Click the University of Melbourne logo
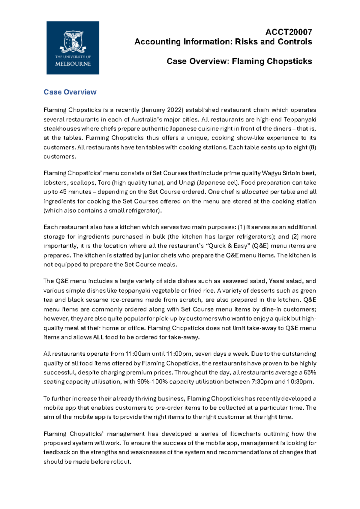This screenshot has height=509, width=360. click(x=73, y=48)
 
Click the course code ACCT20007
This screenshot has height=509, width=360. click(x=289, y=32)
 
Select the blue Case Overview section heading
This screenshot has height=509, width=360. click(x=70, y=92)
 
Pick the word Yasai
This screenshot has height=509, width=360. click(x=276, y=281)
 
